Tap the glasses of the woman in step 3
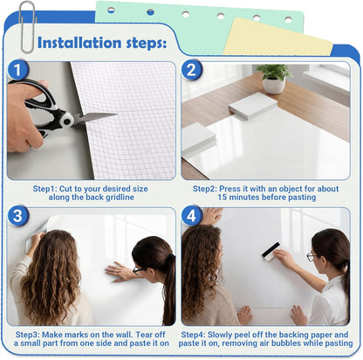[137, 270]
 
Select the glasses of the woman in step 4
[312, 256]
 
